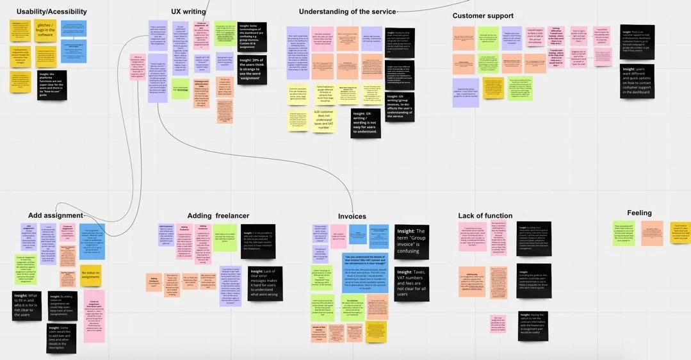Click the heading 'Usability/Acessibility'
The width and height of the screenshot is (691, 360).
52,12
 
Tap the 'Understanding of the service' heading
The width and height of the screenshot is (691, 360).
348,12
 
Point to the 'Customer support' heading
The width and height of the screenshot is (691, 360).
482,15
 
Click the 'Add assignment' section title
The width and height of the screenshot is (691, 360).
56,215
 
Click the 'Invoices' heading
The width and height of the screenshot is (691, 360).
352,217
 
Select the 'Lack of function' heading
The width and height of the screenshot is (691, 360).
485,216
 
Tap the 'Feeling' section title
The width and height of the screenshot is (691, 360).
639,213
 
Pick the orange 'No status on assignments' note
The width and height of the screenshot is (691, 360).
91,275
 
